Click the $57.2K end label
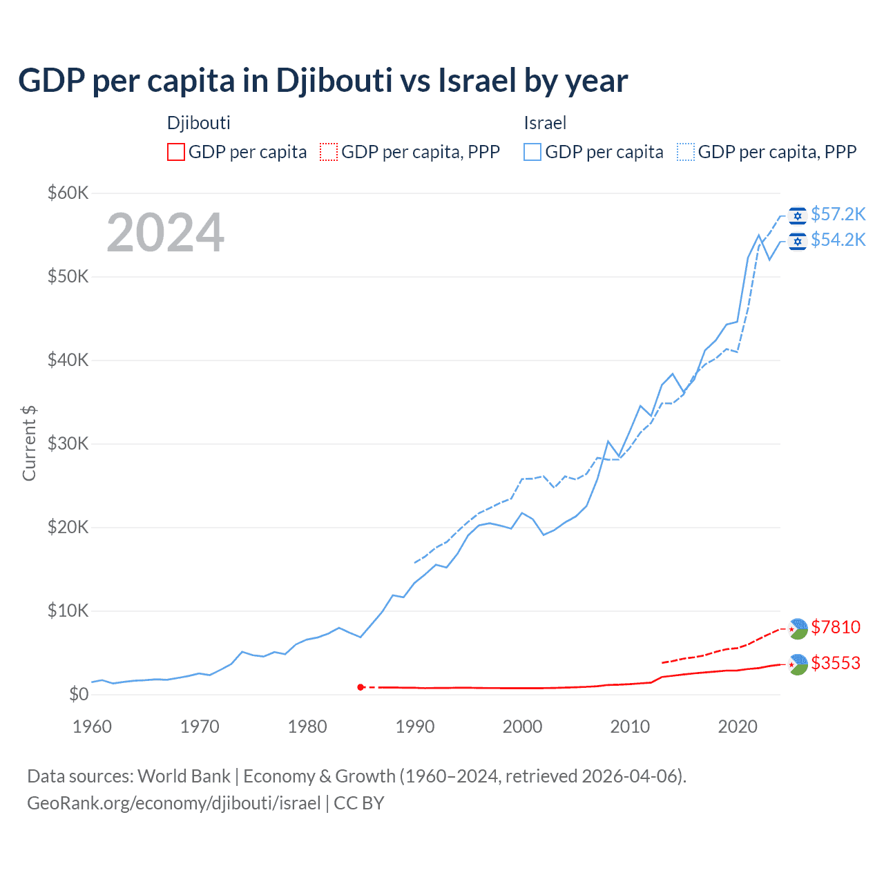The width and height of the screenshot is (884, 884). (838, 214)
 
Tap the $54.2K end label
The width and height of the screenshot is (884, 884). (838, 240)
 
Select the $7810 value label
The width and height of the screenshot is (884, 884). (836, 627)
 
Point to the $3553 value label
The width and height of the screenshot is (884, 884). (836, 663)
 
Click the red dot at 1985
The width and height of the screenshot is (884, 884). (361, 687)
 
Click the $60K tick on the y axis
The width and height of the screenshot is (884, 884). (68, 193)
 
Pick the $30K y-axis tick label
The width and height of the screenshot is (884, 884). (68, 443)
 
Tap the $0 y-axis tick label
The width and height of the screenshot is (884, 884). (79, 694)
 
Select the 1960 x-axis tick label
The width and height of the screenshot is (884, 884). (92, 727)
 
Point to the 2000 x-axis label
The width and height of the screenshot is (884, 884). (523, 727)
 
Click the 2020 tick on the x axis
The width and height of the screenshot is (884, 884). (738, 727)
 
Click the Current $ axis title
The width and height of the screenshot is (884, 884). (29, 443)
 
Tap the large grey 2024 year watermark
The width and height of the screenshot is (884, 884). (165, 233)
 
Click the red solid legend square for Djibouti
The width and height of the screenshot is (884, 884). (176, 152)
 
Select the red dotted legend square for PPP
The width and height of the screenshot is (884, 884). (329, 152)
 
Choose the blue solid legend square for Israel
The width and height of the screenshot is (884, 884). (532, 152)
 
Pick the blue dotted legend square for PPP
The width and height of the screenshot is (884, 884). (686, 152)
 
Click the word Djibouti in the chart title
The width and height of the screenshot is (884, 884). (334, 80)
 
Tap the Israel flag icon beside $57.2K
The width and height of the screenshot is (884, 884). (798, 215)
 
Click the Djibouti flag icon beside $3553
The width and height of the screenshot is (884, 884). (798, 664)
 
